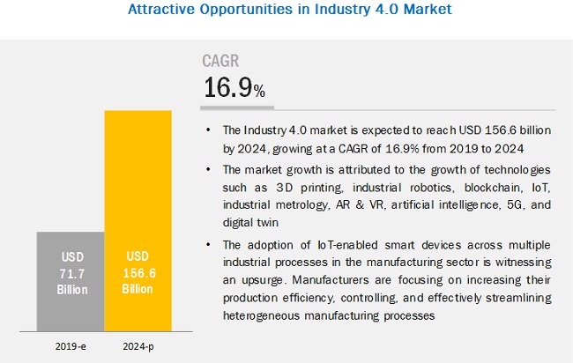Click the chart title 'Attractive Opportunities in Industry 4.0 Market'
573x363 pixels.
[x=286, y=11]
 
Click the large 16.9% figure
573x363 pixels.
[x=234, y=88]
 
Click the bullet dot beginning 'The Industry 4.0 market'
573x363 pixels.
[x=208, y=130]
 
